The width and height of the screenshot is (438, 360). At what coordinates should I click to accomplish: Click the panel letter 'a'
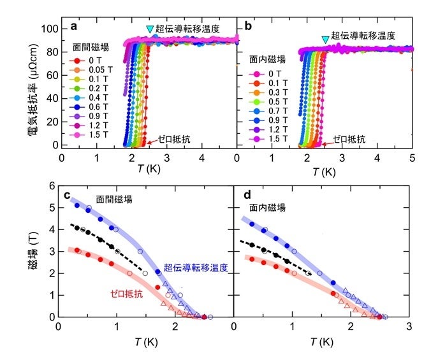pos(74,27)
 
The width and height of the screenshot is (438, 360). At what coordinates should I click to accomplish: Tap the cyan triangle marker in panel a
pos(150,29)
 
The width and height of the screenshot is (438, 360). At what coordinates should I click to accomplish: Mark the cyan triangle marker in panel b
pos(325,40)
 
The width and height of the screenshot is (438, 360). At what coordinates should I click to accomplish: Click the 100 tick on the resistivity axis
pos(48,29)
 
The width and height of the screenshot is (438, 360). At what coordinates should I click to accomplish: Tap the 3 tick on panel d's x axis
pos(409,327)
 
